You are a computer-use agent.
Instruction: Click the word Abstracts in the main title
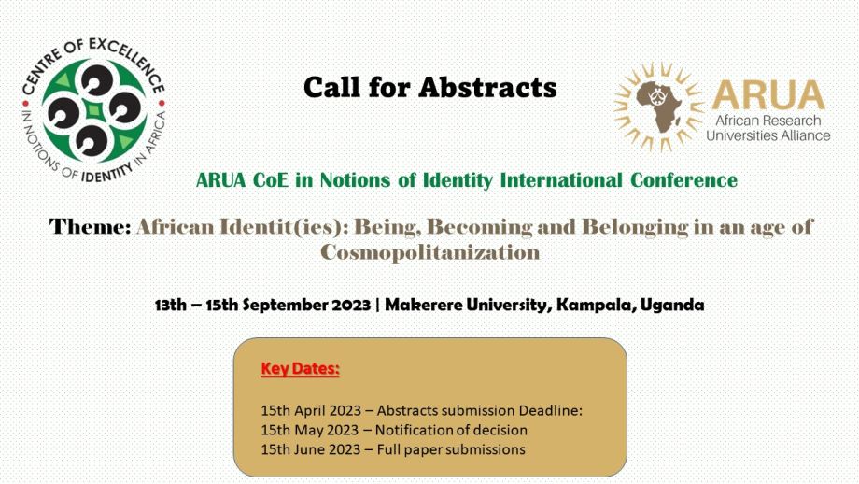[x=487, y=87]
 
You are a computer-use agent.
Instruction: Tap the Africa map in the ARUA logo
[x=659, y=107]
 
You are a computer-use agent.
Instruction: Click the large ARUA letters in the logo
[x=769, y=95]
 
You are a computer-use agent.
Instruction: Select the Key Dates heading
[x=301, y=369]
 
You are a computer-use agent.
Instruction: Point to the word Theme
[x=90, y=226]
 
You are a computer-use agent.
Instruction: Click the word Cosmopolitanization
[x=430, y=252]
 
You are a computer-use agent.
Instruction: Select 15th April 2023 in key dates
[x=311, y=410]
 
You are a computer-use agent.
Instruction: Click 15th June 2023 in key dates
[x=311, y=449]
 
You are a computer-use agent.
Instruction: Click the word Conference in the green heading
[x=683, y=179]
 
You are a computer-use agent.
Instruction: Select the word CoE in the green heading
[x=270, y=179]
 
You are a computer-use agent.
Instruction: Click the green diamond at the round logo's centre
[x=95, y=111]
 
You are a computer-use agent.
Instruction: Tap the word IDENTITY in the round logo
[x=107, y=173]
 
